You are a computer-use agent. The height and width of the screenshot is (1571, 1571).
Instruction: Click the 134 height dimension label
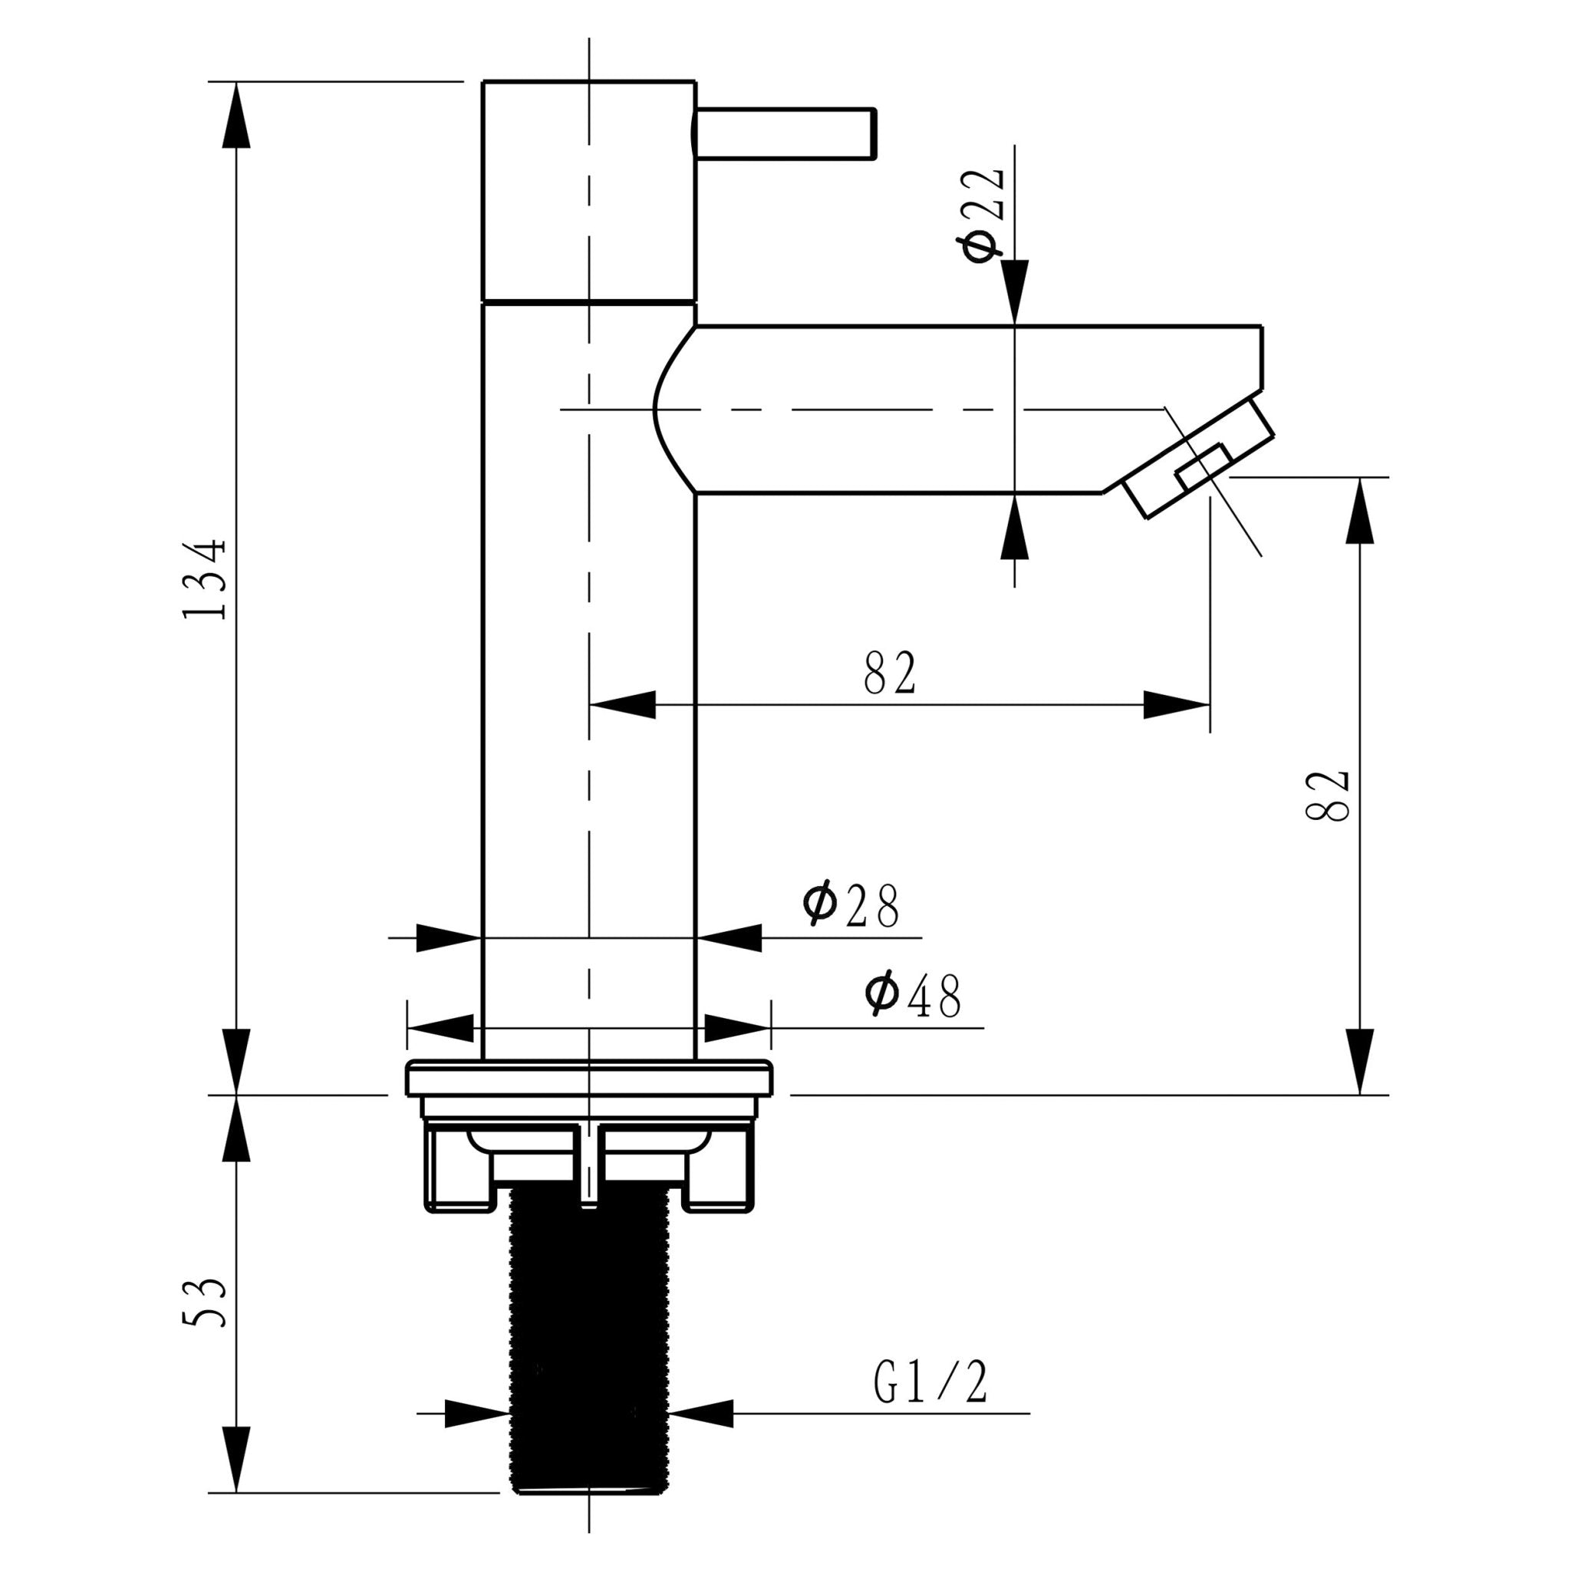pos(203,579)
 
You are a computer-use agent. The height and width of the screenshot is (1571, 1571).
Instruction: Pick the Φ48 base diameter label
pos(912,996)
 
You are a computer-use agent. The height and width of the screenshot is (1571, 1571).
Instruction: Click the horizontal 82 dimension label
pos(890,673)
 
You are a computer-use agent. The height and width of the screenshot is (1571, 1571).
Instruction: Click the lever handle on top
pos(785,133)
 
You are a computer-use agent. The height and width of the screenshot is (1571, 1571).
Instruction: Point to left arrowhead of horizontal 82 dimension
pos(623,704)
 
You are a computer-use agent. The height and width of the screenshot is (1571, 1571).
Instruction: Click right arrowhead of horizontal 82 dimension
pos(1176,704)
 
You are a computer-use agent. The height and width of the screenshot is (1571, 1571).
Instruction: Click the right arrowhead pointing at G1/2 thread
pos(701,1413)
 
